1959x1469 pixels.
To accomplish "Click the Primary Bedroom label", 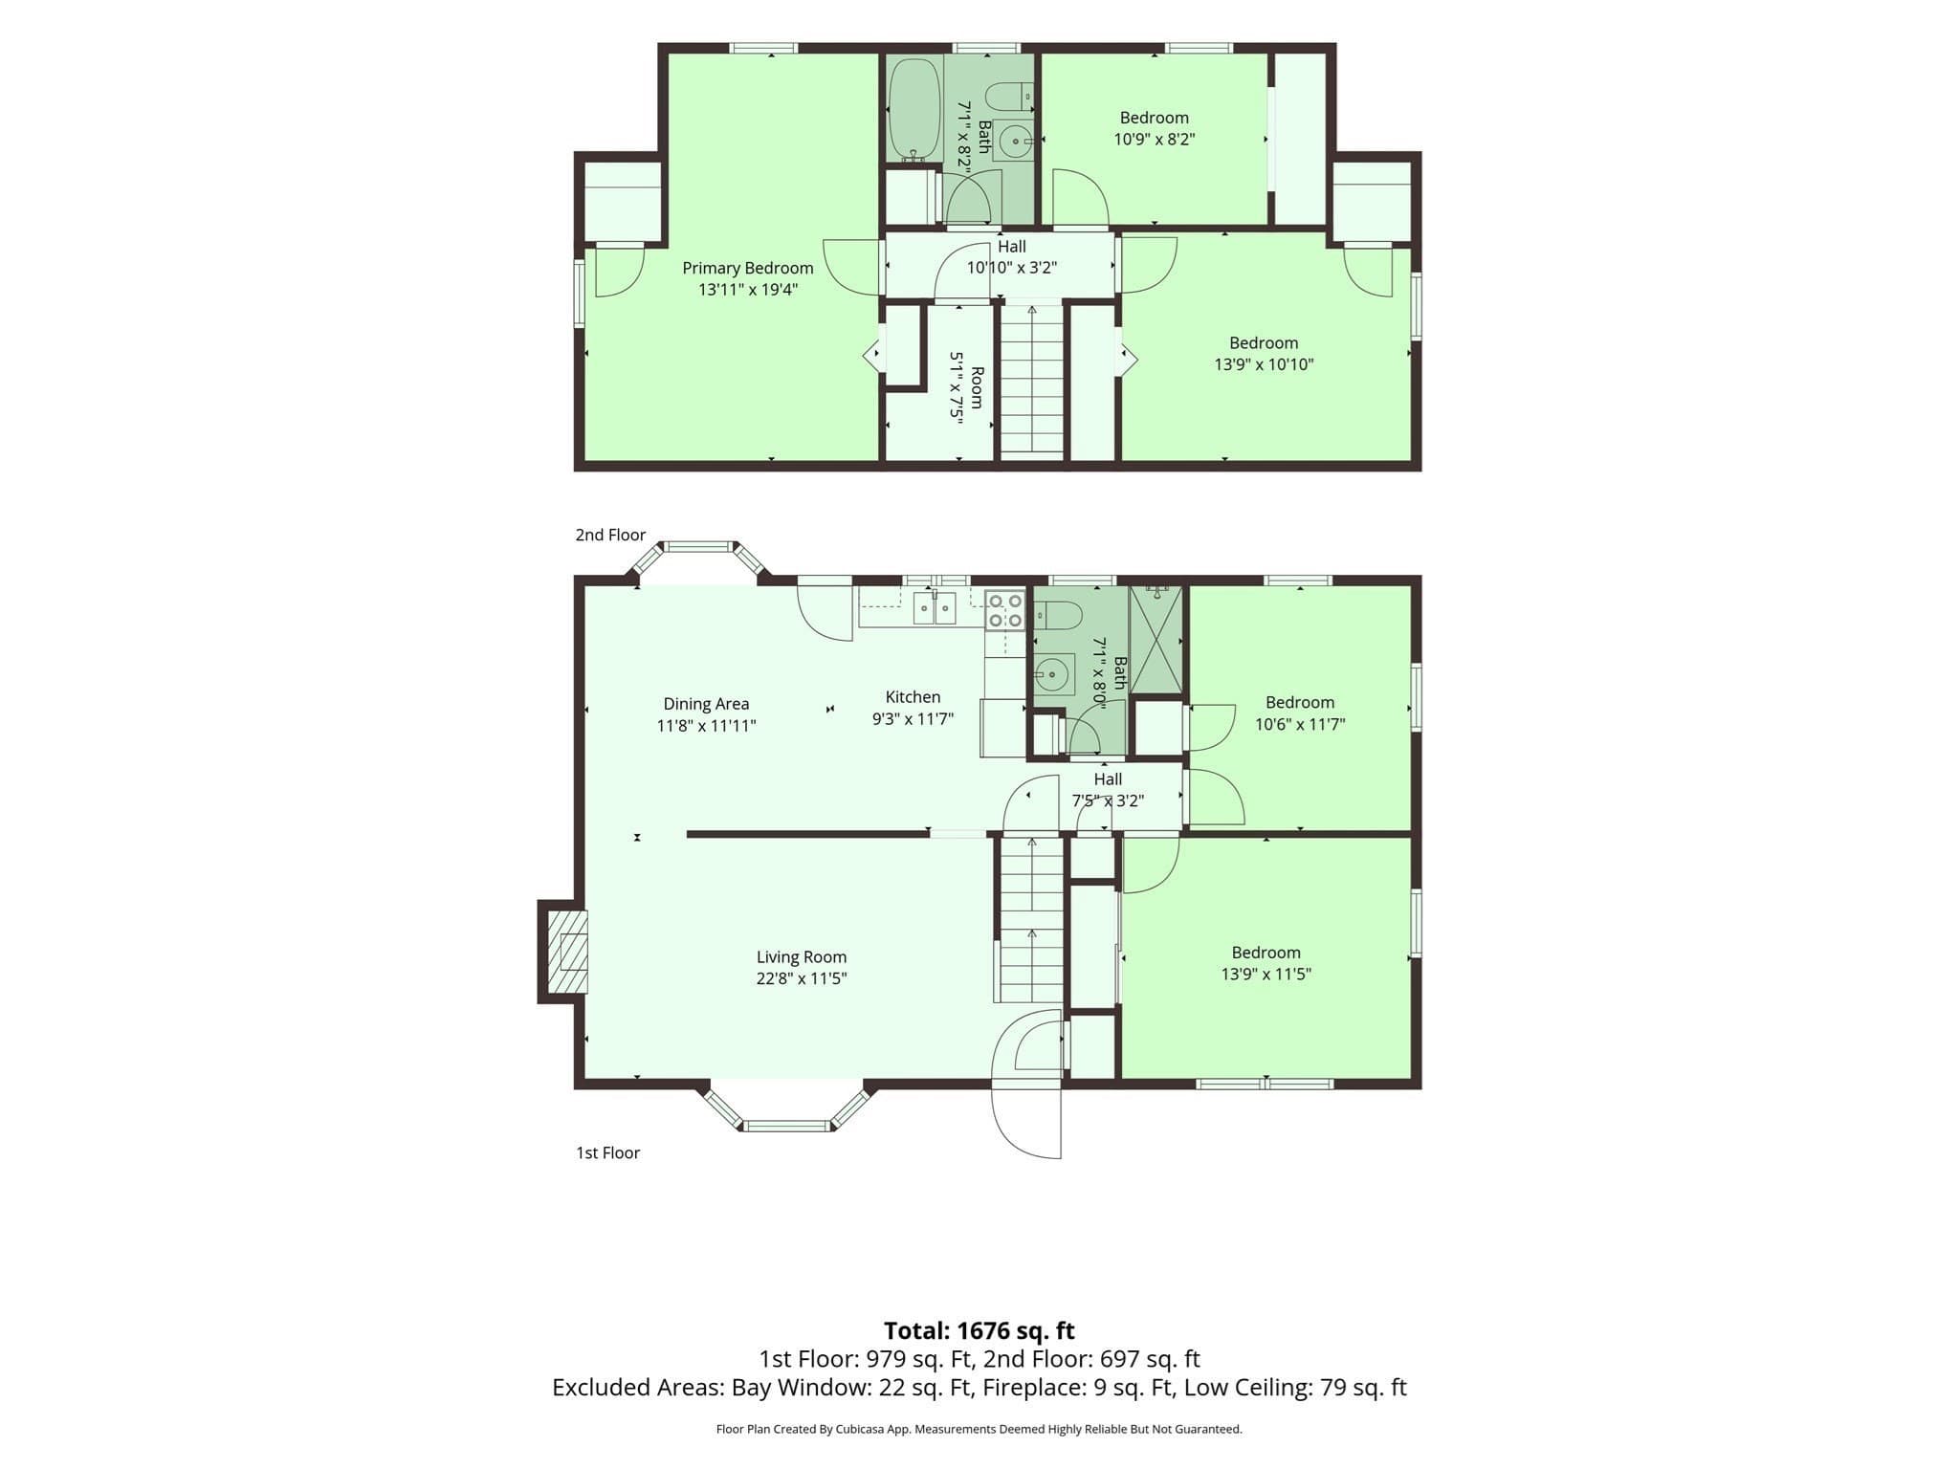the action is [747, 268].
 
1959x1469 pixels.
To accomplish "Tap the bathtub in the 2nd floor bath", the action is [915, 110].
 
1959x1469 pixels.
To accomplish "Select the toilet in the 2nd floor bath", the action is [1009, 97].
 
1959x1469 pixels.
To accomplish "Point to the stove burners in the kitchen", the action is [1004, 610].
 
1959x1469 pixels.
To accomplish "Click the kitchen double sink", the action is [934, 608].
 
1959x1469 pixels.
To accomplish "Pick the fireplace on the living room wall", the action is [564, 952].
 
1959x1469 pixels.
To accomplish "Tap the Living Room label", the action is [802, 956].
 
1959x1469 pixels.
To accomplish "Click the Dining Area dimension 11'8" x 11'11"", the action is [706, 726].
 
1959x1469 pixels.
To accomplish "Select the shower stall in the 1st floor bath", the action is [1156, 640].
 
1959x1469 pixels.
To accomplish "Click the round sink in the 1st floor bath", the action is [1052, 674].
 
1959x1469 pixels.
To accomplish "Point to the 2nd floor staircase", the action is [1032, 380].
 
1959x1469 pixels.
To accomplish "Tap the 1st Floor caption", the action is [607, 1152].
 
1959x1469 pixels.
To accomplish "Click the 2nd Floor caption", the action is [610, 535].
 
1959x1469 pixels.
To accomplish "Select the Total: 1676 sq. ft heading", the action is [979, 1330].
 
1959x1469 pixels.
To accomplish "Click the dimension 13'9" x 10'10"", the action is [1264, 364].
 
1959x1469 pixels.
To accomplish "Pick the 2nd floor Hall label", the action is [1012, 247].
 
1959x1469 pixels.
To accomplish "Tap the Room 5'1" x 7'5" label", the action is [966, 386].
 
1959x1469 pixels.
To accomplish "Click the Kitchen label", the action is [913, 697].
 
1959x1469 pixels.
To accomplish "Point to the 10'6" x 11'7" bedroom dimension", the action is [1300, 724].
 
